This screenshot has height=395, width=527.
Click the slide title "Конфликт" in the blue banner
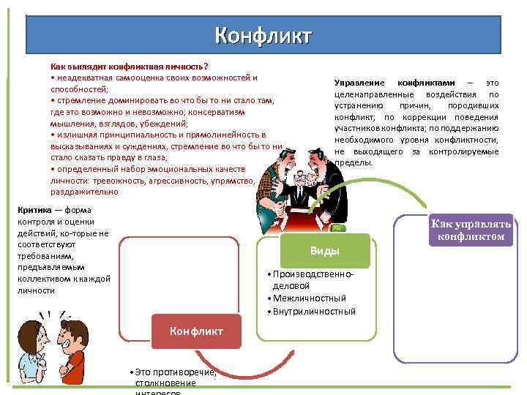click(263, 35)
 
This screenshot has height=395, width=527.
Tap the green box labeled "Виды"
click(325, 251)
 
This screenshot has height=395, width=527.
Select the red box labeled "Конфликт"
click(196, 331)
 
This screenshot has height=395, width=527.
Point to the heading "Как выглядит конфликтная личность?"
click(129, 66)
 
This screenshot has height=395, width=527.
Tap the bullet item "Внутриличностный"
click(313, 311)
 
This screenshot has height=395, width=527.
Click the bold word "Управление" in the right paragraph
click(359, 83)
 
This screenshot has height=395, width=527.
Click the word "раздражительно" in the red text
click(84, 192)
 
